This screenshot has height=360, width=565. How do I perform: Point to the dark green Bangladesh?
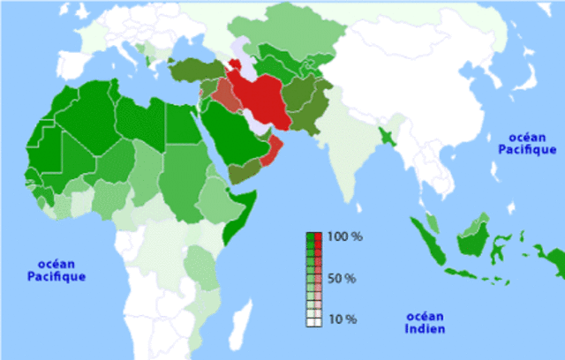(387, 136)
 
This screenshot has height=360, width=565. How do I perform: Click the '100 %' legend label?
(343, 237)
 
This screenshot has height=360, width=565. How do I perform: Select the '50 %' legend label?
(343, 279)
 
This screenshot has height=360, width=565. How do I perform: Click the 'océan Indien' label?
(426, 322)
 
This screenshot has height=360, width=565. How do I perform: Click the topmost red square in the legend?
(317, 237)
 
